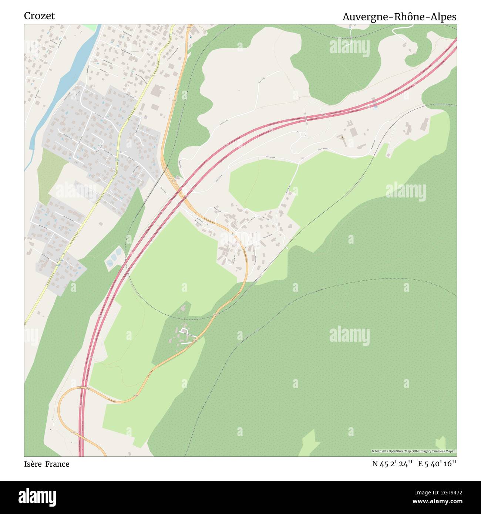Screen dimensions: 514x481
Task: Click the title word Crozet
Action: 39,16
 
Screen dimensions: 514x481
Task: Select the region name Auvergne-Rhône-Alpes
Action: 399,17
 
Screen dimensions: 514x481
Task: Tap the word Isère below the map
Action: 33,464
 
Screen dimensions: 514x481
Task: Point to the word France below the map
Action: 57,464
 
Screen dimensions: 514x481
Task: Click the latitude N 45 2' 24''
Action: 392,464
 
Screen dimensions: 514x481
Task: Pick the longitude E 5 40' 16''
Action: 437,464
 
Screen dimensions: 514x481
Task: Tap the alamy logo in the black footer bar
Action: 37,496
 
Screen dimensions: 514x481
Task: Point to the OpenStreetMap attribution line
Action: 413,451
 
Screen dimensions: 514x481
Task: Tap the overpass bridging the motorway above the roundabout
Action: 306,119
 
